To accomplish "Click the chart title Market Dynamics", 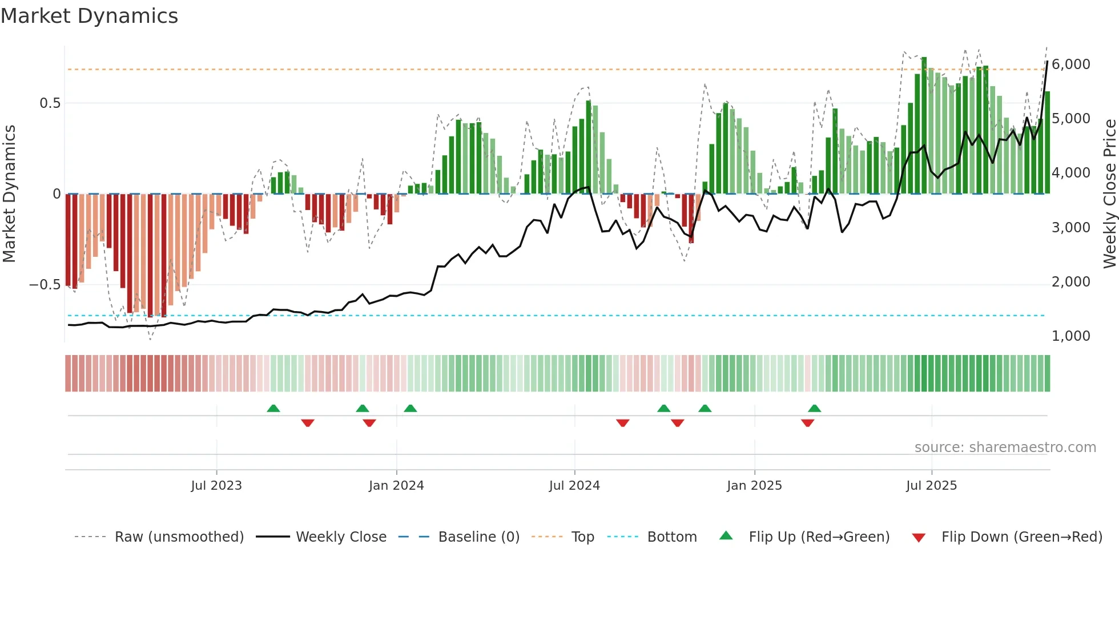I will [90, 16].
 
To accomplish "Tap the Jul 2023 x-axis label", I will [216, 486].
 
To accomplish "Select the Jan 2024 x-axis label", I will [396, 486].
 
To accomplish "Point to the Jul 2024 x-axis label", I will [574, 486].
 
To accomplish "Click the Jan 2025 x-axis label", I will [754, 486].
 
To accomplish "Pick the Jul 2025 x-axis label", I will [931, 486].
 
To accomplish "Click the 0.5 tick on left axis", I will [50, 103].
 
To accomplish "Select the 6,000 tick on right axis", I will [1070, 64].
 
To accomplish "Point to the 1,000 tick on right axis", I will [1070, 336].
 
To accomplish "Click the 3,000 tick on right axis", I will [1070, 228].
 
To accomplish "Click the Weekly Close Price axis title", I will [1109, 194].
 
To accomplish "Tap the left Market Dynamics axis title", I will [9, 194].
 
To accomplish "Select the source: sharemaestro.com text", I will [1005, 447].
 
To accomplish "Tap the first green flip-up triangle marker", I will [273, 409].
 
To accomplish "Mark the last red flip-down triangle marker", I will [807, 423].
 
